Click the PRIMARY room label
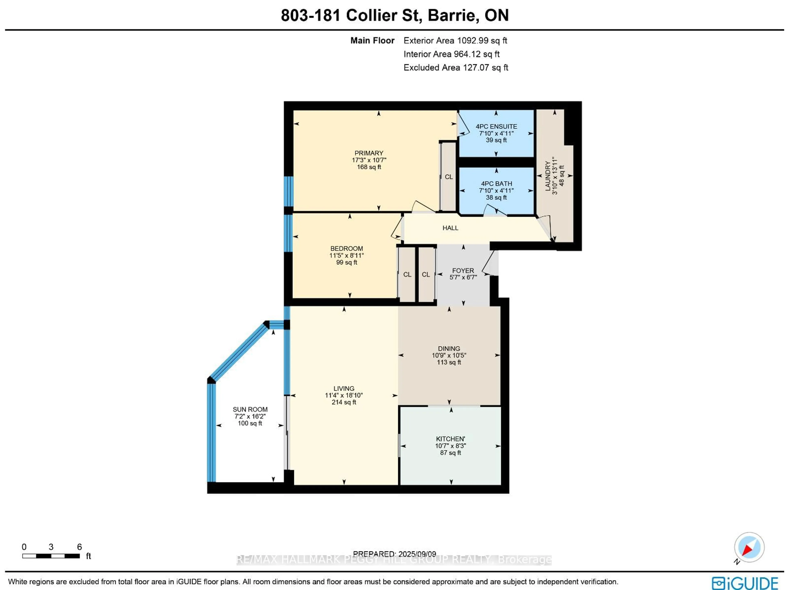pos(369,153)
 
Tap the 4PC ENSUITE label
pos(496,126)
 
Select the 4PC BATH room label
pos(496,183)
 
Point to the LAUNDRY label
pos(548,176)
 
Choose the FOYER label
pos(463,270)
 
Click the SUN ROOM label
pos(250,409)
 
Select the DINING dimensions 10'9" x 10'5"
pos(449,355)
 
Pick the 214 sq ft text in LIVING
pos(344,402)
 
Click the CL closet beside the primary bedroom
pos(449,177)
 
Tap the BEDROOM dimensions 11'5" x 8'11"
pos(346,255)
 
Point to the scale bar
pos(51,556)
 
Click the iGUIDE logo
pos(744,583)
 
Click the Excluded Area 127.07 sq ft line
pos(455,68)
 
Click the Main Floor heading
pos(372,41)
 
